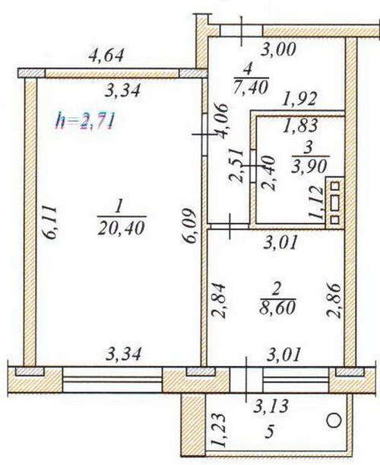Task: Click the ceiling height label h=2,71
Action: [x=85, y=121]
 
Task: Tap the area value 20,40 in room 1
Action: [x=122, y=228]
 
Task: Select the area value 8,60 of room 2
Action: [x=277, y=307]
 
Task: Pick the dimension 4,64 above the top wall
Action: [x=106, y=55]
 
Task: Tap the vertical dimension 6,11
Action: [x=49, y=221]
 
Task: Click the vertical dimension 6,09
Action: [x=189, y=226]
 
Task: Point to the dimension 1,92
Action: [x=299, y=100]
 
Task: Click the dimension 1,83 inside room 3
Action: [x=300, y=125]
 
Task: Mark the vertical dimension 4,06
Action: [x=222, y=121]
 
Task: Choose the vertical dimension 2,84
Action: [x=220, y=301]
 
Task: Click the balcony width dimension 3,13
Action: [x=271, y=405]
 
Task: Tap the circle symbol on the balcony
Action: [x=334, y=420]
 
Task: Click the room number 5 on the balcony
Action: [x=269, y=432]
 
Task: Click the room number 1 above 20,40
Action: [x=118, y=207]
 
